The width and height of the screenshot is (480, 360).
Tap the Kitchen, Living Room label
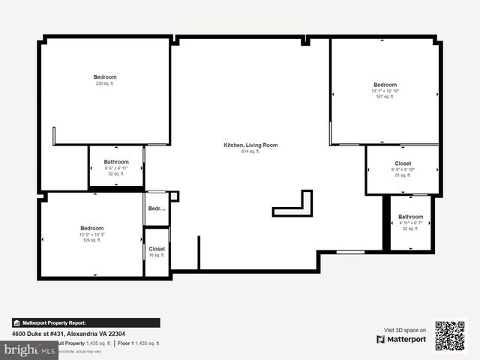tap(250, 145)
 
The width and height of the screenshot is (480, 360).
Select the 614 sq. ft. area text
tap(250, 151)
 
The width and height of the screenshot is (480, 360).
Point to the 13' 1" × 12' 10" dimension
tap(385, 91)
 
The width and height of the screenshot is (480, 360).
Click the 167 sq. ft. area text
tap(385, 97)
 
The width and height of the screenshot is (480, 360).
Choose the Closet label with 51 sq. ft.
tap(403, 163)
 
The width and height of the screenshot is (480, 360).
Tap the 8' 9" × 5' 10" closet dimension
tap(403, 169)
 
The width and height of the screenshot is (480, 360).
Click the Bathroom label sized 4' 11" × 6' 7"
tap(410, 217)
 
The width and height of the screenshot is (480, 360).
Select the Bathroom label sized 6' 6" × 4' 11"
tap(116, 161)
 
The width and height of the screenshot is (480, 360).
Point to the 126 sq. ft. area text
tap(92, 240)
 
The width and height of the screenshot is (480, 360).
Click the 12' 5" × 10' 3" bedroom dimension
tap(92, 235)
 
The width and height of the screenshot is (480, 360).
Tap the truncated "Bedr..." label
tap(157, 208)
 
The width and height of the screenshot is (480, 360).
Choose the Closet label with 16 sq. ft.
tap(157, 249)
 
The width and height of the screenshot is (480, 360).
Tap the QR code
tap(450, 335)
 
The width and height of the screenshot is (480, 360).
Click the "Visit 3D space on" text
tap(405, 330)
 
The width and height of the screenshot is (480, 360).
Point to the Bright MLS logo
tap(30, 349)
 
